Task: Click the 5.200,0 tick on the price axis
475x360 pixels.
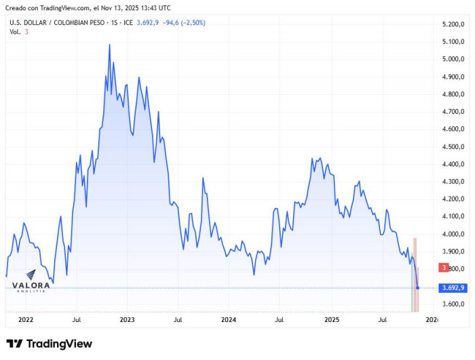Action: [452, 24]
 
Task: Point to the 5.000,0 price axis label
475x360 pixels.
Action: [452, 59]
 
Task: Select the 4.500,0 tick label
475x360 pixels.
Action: [452, 146]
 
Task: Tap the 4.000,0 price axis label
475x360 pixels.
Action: [452, 234]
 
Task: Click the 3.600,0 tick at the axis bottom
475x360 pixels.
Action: [452, 304]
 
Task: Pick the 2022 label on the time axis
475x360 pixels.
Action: [26, 319]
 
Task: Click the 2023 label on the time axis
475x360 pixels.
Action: [127, 319]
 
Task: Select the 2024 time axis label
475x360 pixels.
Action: [229, 319]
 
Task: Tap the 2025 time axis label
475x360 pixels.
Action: [331, 319]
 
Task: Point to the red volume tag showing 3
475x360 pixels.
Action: [443, 268]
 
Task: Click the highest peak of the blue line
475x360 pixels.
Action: [110, 45]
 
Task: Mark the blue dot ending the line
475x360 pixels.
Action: [417, 287]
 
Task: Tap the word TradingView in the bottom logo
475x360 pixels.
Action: [58, 344]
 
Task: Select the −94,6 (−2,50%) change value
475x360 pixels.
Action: [183, 22]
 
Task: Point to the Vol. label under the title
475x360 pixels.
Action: [15, 32]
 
